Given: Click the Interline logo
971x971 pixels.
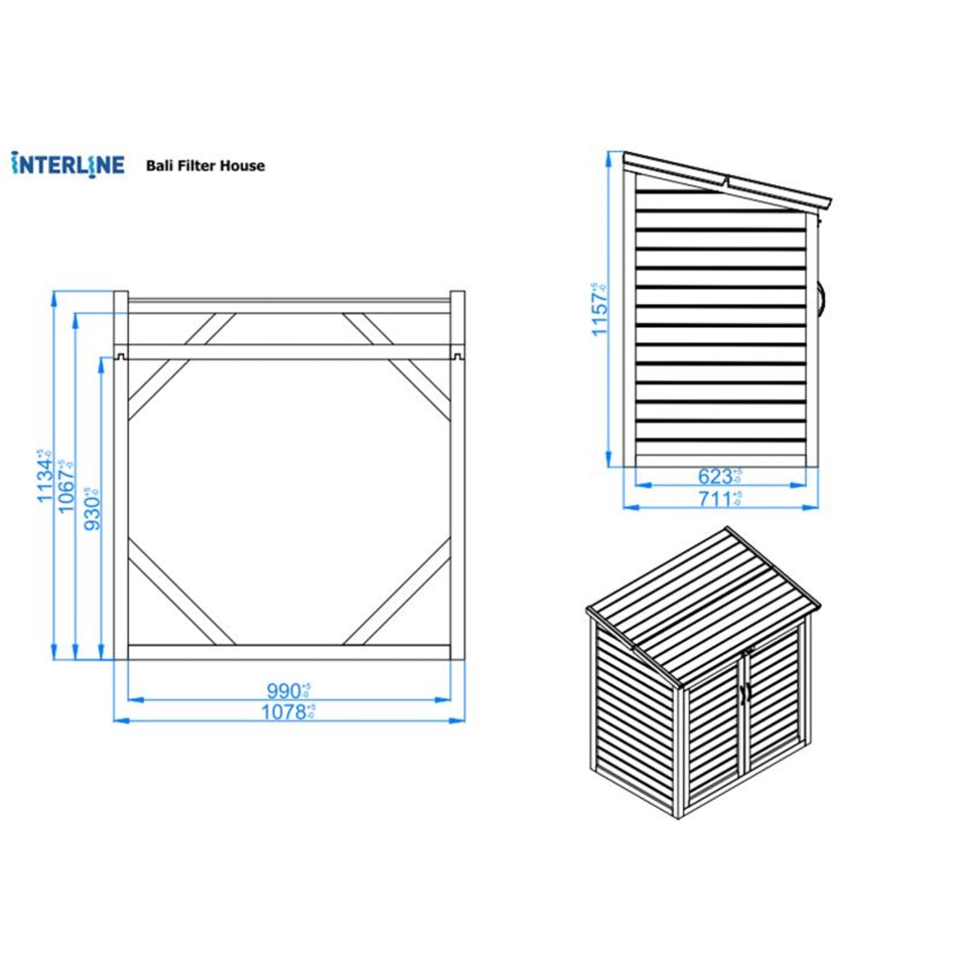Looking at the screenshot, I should point(67,164).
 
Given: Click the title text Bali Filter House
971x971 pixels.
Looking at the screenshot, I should point(205,166).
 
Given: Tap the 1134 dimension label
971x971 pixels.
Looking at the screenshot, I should point(45,476).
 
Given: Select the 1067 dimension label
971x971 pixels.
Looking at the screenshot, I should point(66,487).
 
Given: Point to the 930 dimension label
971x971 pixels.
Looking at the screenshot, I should point(93,509).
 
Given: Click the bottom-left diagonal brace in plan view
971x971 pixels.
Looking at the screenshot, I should point(181,599).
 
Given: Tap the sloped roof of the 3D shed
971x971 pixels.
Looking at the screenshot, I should point(702,602).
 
